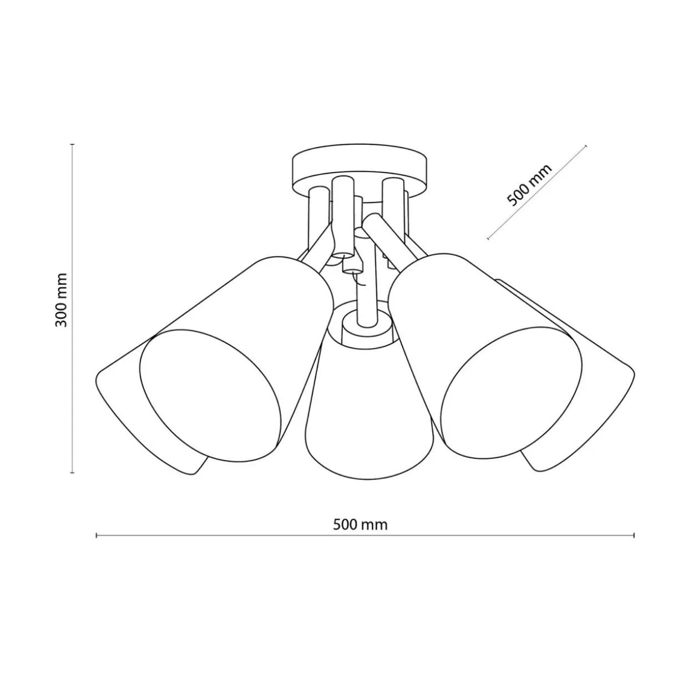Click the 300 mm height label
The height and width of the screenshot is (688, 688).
tap(61, 300)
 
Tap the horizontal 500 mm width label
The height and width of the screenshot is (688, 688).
tap(360, 525)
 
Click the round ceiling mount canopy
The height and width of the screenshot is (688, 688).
tap(360, 168)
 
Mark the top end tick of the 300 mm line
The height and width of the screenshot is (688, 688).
tap(73, 144)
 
